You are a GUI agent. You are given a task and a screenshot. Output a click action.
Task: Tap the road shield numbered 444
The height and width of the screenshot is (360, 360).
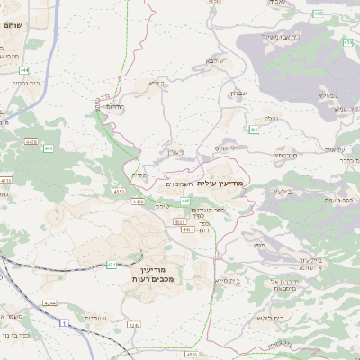coord(22,68)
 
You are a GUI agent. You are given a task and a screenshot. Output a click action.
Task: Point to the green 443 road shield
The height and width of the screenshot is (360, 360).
coord(48,148)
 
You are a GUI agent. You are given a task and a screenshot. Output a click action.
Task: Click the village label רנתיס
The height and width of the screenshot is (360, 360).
coord(112,107)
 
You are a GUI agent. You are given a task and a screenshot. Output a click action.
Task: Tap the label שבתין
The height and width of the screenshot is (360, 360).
coord(231,94)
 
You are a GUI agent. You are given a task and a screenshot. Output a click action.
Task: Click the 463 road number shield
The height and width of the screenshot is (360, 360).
coord(255,130)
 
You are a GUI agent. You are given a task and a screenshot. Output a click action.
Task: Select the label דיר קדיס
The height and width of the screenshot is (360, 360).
coord(227,148)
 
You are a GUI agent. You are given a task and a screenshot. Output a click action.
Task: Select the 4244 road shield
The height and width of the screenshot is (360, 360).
coord(50,303)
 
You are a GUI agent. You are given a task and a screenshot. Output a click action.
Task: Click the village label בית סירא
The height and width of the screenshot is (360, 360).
coord(226,282)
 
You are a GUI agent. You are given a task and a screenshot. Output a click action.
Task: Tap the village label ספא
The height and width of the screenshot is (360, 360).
coord(259,244)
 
